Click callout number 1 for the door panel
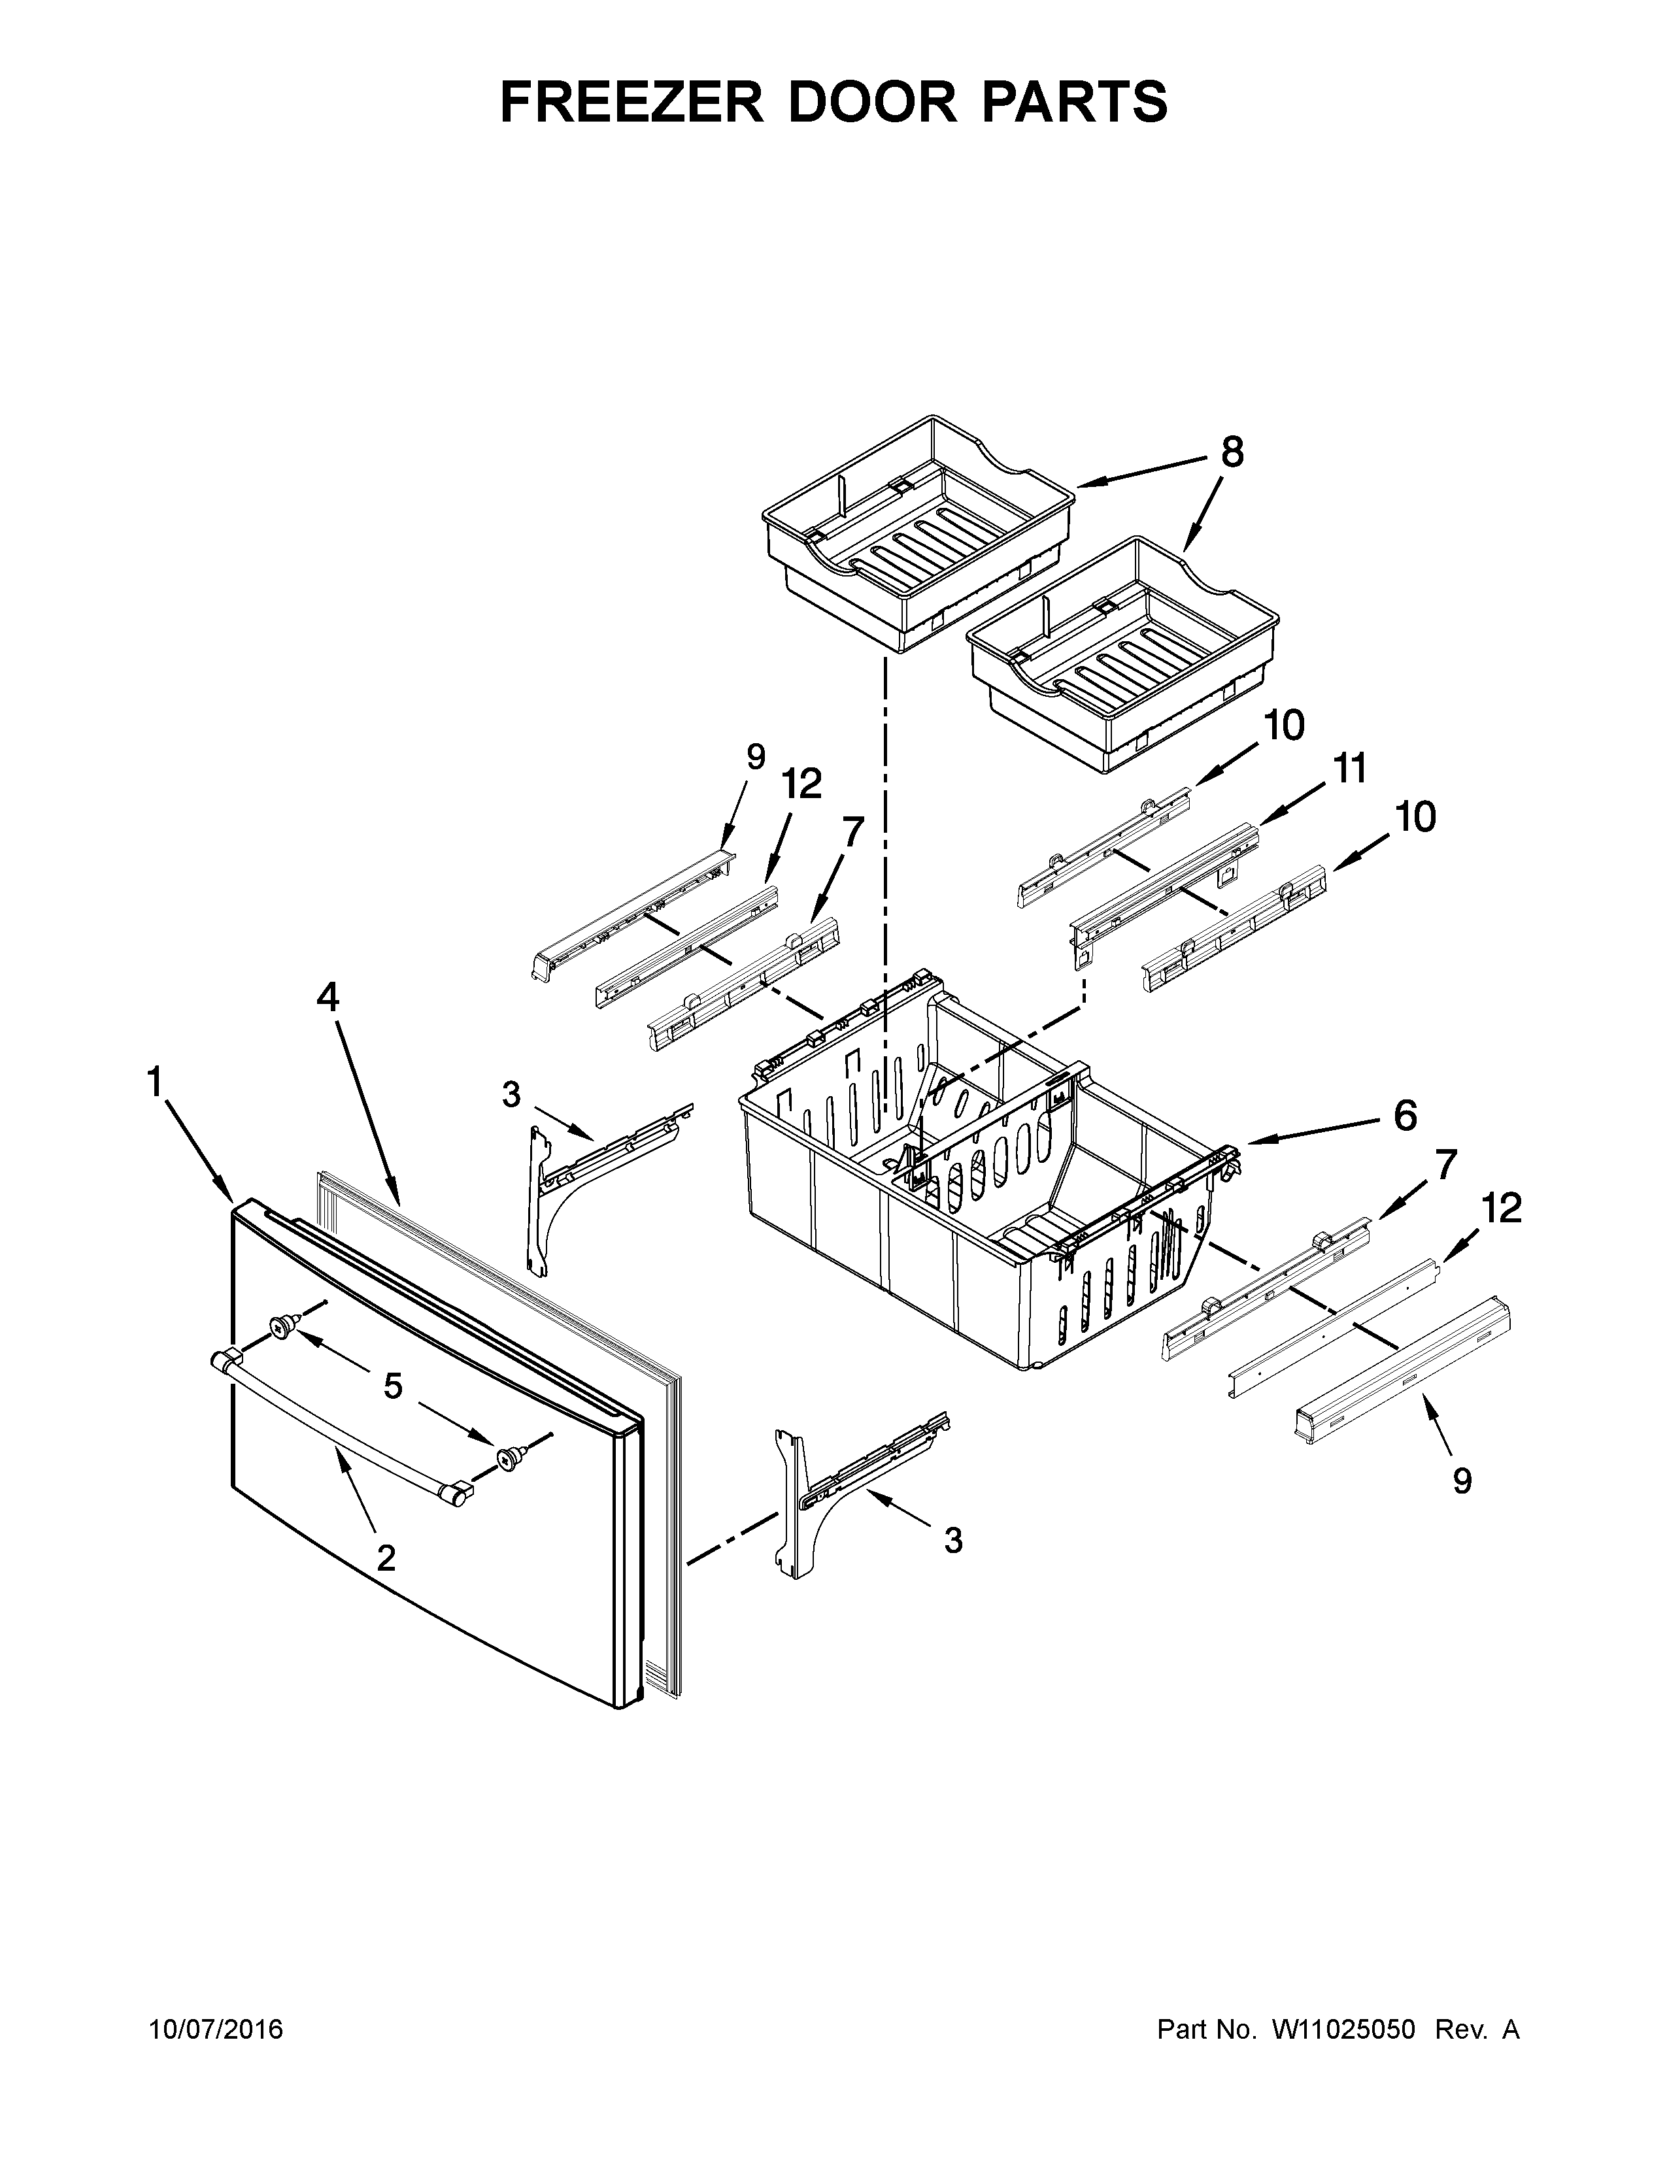point(154,1084)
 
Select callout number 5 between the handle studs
point(392,1386)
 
